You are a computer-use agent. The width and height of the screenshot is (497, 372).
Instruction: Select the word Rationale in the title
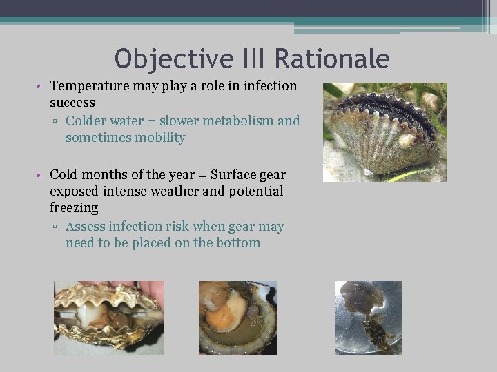coord(332,59)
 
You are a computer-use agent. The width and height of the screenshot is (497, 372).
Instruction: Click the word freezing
coord(74,207)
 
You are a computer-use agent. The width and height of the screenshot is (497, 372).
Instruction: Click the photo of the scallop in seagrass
coord(384,132)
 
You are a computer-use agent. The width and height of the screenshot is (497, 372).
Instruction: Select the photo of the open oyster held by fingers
coord(108,318)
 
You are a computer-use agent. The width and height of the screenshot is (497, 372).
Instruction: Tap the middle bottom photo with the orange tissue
coord(237,318)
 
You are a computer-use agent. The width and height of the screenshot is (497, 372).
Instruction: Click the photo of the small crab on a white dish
coord(368,318)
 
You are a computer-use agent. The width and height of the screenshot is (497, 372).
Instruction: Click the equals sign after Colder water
coord(153,122)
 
